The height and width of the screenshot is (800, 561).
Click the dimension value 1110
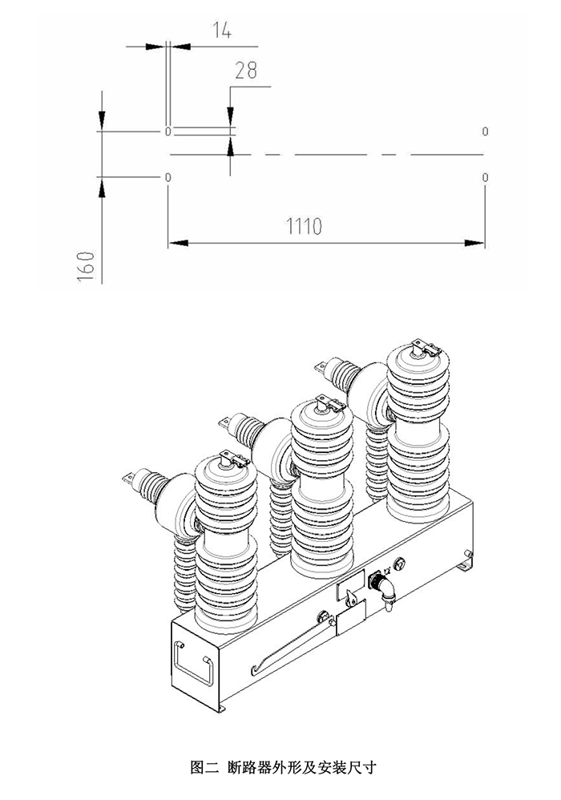coord(305,225)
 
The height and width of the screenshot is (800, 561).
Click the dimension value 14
coord(221,30)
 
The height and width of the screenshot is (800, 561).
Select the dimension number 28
coord(246,71)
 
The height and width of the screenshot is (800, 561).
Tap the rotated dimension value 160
coord(87,265)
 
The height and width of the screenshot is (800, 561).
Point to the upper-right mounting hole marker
coord(485,131)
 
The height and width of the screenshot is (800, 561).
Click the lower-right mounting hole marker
coord(485,177)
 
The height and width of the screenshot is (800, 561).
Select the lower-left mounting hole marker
coord(167,177)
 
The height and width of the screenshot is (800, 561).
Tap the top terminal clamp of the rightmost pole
coord(426,347)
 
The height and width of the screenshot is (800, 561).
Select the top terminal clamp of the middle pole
coord(332,403)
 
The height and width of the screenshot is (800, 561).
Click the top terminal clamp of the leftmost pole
coord(235,459)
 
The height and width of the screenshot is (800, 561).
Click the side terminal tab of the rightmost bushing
coord(321,366)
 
